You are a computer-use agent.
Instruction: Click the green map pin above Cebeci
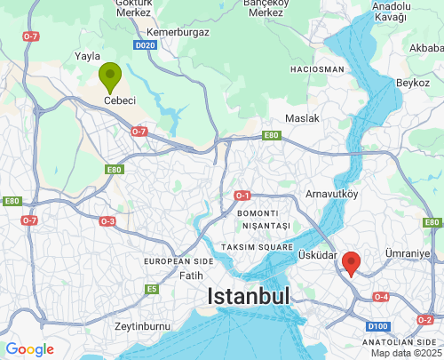click(x=110, y=76)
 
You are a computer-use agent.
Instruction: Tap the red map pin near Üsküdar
click(x=352, y=263)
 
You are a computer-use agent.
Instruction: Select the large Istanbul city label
click(x=250, y=297)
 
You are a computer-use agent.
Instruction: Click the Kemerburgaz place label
click(x=178, y=32)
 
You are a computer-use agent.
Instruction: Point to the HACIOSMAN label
click(x=317, y=69)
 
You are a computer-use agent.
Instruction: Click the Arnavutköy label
click(x=331, y=192)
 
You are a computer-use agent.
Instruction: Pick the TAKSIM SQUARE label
click(x=257, y=245)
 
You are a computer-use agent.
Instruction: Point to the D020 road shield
click(x=146, y=44)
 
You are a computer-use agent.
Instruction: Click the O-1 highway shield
click(x=242, y=195)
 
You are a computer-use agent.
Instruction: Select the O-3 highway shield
click(x=107, y=220)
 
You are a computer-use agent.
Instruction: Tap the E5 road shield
click(x=153, y=289)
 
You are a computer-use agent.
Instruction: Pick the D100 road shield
click(x=377, y=327)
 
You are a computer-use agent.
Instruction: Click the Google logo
click(x=30, y=349)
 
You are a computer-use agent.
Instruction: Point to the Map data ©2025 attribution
click(x=405, y=353)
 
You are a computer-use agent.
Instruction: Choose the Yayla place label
click(x=88, y=56)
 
